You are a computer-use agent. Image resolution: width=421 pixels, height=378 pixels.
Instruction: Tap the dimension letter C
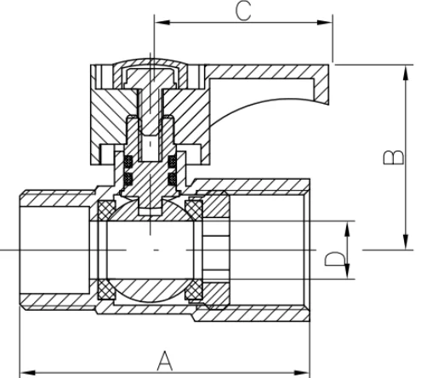[243, 10]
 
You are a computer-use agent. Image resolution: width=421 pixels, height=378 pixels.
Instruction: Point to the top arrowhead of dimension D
[348, 225]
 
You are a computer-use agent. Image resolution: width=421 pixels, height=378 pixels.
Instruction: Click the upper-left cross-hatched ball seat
[107, 209]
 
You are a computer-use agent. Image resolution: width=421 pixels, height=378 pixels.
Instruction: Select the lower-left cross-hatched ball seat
[107, 289]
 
